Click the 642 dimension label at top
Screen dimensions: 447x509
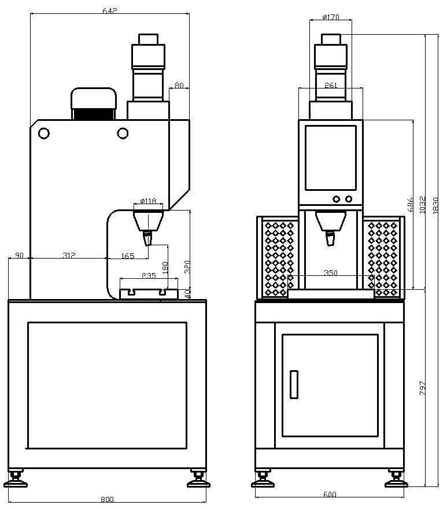pyautogui.click(x=110, y=11)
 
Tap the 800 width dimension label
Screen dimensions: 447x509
pyautogui.click(x=107, y=499)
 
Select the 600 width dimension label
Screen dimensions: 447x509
pyautogui.click(x=330, y=495)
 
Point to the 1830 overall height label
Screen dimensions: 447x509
pyautogui.click(x=435, y=205)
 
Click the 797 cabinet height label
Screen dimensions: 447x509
pyautogui.click(x=422, y=388)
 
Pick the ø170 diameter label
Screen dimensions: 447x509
pyautogui.click(x=331, y=17)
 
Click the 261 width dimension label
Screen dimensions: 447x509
pyautogui.click(x=331, y=85)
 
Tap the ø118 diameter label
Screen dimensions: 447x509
pyautogui.click(x=149, y=201)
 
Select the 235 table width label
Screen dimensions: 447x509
pyautogui.click(x=149, y=275)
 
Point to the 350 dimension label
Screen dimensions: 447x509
pyautogui.click(x=331, y=272)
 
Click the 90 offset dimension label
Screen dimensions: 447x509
pyautogui.click(x=20, y=255)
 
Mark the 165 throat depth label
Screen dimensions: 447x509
pyautogui.click(x=128, y=256)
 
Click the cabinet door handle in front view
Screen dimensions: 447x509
pyautogui.click(x=294, y=384)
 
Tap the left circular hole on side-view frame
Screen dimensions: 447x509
pyautogui.click(x=44, y=133)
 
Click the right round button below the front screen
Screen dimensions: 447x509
pyautogui.click(x=349, y=198)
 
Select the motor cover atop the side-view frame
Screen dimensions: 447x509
pyautogui.click(x=94, y=104)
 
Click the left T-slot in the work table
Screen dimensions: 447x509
pyautogui.click(x=132, y=292)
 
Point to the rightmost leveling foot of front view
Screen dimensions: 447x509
pyautogui.click(x=396, y=479)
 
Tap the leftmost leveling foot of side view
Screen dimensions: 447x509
pyautogui.click(x=15, y=479)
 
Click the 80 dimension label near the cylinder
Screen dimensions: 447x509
pyautogui.click(x=179, y=85)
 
